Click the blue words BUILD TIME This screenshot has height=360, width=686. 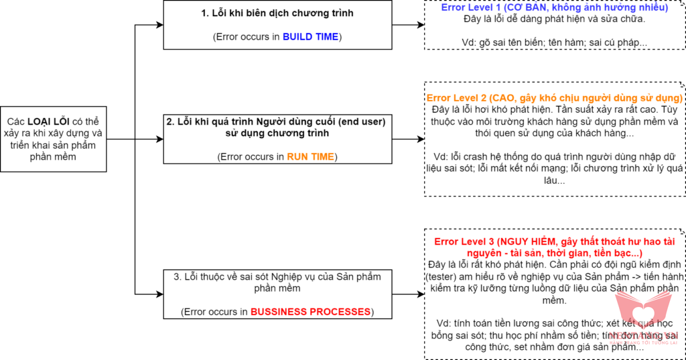coord(310,37)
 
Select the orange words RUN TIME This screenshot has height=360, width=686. coord(312,157)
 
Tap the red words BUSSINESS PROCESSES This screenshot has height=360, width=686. coord(310,312)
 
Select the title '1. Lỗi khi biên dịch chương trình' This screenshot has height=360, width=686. coord(277,13)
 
